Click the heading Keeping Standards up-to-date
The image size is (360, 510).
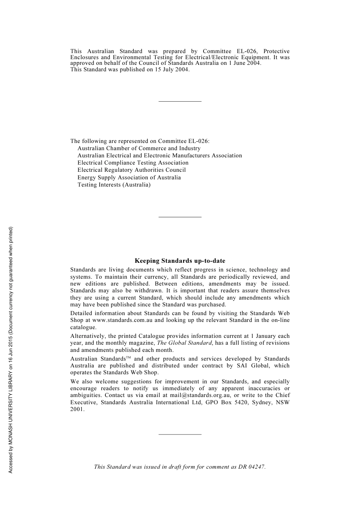[x=180, y=261]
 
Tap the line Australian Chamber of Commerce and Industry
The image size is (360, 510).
[x=139, y=149]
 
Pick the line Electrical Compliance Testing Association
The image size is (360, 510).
[x=133, y=163]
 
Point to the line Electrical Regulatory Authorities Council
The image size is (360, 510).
[x=131, y=170]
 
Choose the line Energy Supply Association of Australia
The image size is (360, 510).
[x=129, y=177]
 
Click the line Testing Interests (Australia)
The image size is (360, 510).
[x=114, y=185]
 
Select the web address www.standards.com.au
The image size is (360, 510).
[x=122, y=320]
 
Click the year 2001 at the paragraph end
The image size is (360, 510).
[x=77, y=410]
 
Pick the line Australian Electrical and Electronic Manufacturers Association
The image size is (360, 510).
[x=160, y=156]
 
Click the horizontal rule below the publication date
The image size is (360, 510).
[x=180, y=101]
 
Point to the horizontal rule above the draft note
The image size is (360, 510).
[x=180, y=434]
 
